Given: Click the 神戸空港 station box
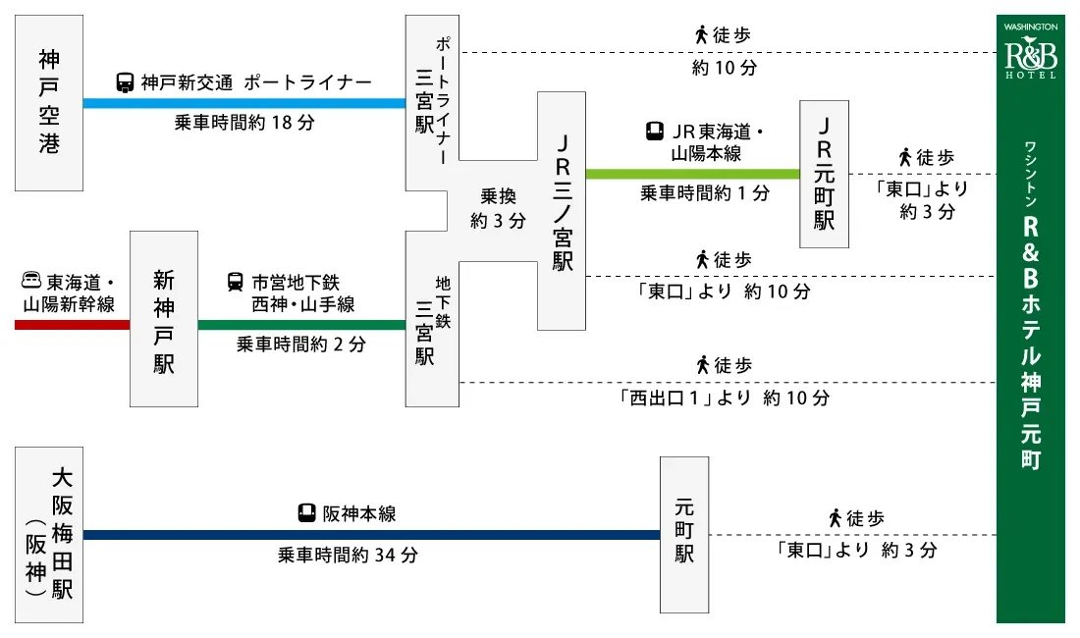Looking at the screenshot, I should (x=48, y=103).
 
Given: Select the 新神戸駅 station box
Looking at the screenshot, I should (x=163, y=319).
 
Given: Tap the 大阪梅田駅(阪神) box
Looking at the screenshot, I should (x=49, y=535).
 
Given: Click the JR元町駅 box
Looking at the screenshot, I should (x=824, y=174).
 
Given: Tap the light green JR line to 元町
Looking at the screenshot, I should (x=692, y=174).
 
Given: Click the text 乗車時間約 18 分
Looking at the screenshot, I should (x=244, y=124).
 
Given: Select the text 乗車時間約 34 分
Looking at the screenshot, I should (x=348, y=556).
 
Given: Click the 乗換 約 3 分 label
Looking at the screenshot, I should (x=498, y=208).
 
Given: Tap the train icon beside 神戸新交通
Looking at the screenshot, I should (x=126, y=83).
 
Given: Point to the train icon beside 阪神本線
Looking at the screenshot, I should (x=307, y=513).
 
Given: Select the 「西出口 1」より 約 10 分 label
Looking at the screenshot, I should (x=724, y=399).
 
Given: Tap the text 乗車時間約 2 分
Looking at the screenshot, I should (x=301, y=346).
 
